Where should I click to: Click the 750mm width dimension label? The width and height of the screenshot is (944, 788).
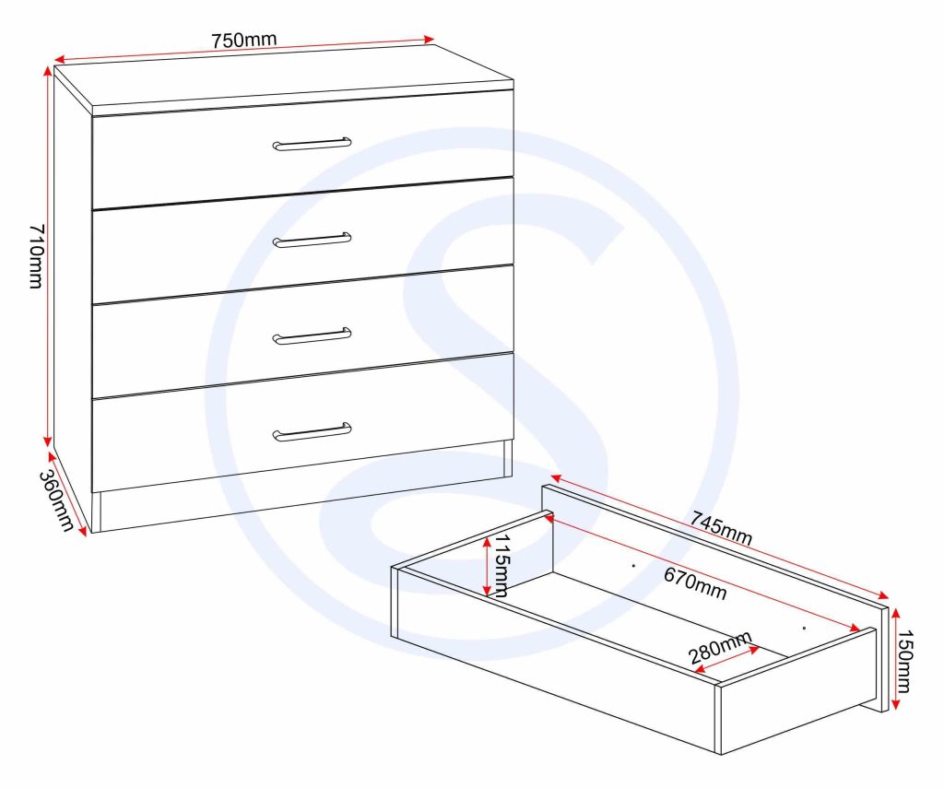[x=243, y=40]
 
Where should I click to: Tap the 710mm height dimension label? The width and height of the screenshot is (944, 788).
[x=37, y=256]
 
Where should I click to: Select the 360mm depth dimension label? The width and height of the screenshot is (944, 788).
[x=56, y=500]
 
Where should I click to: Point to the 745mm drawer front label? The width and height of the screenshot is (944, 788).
[x=721, y=527]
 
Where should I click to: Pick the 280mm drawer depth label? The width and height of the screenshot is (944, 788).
[x=720, y=647]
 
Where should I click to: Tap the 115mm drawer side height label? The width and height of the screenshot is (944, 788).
[x=501, y=565]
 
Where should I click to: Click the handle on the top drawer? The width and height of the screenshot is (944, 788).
[x=312, y=144]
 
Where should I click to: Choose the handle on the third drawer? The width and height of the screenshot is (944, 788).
[x=312, y=336]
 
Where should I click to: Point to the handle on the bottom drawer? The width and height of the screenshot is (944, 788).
[x=312, y=431]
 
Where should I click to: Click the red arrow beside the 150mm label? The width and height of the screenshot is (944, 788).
[x=895, y=659]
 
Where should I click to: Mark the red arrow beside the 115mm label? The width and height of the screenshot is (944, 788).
[x=487, y=566]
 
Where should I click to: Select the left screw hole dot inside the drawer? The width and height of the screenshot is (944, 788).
[x=633, y=565]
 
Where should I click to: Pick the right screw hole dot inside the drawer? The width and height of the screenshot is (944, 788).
[x=804, y=628]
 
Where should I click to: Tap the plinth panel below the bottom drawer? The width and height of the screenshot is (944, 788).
[x=301, y=502]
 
